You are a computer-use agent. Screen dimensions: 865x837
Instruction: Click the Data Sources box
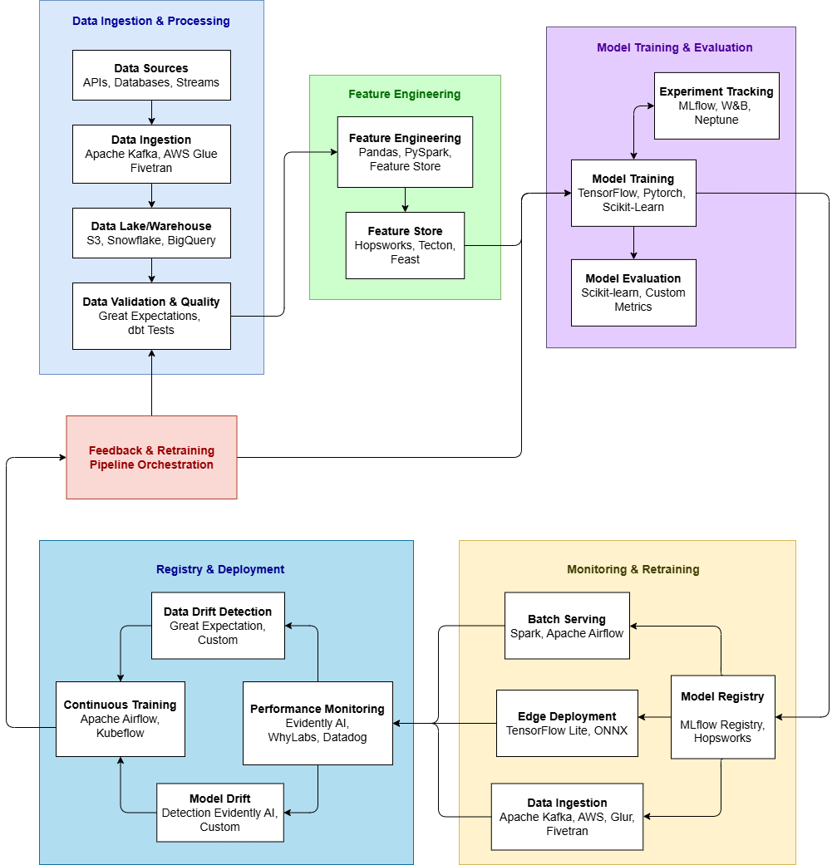tap(151, 75)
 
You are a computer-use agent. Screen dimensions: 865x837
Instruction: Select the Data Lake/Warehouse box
tap(151, 233)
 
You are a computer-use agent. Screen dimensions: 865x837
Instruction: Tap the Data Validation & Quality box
tap(151, 316)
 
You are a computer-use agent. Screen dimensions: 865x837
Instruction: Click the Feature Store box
tap(405, 245)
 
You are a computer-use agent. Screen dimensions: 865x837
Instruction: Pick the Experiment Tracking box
tap(716, 106)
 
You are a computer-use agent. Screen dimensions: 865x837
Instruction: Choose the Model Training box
tap(633, 193)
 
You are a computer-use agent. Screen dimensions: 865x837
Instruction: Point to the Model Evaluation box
tap(633, 292)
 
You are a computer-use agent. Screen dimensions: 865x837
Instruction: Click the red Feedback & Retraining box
tap(151, 457)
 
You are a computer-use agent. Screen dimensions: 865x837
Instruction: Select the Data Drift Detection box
tap(218, 626)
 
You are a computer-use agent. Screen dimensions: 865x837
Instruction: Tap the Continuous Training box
tap(121, 719)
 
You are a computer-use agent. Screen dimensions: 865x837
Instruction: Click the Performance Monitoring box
tap(318, 723)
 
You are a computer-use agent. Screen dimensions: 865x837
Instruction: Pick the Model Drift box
tap(220, 813)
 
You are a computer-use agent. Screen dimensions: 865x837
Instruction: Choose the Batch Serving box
tap(567, 626)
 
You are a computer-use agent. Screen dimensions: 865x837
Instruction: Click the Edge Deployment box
tap(567, 723)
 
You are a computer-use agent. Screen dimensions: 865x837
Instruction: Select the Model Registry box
tap(722, 717)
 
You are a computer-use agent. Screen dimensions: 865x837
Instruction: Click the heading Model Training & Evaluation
tap(674, 47)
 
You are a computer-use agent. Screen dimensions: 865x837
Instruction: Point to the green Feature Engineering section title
tap(404, 94)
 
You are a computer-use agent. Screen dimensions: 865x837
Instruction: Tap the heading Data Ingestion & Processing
tap(151, 21)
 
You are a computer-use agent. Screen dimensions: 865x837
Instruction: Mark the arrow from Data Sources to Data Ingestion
tap(151, 112)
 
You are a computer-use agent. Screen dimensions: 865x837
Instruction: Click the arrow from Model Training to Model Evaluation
tap(633, 243)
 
